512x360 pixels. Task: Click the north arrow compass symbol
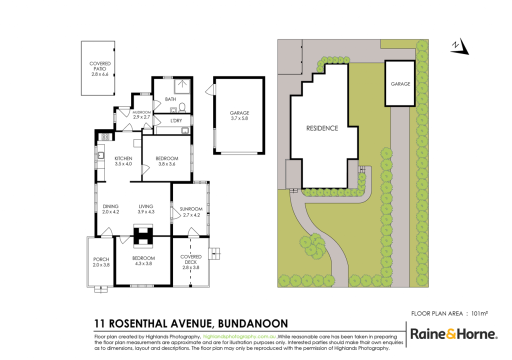click(x=460, y=46)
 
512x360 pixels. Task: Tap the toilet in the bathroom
click(x=182, y=107)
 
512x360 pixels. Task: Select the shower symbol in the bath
click(x=182, y=86)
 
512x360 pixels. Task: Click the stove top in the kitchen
click(x=105, y=137)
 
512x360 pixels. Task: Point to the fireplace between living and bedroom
click(x=143, y=235)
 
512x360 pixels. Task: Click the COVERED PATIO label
click(x=100, y=66)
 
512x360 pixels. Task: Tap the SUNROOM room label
click(x=191, y=209)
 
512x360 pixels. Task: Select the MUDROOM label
click(x=141, y=112)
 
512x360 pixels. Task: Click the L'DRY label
click(x=176, y=121)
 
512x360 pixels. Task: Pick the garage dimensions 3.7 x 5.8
click(x=239, y=118)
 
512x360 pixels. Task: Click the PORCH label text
click(x=101, y=259)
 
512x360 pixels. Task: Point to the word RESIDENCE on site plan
click(x=322, y=128)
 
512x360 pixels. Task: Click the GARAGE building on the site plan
click(x=400, y=83)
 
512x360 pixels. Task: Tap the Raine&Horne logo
click(x=454, y=334)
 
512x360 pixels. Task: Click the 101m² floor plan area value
click(x=479, y=313)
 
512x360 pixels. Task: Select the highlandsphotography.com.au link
click(x=239, y=336)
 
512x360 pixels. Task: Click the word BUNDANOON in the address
click(x=253, y=323)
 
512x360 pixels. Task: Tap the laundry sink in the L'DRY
click(x=185, y=130)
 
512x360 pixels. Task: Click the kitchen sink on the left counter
click(x=101, y=155)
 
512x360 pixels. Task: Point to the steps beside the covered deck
click(x=214, y=253)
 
